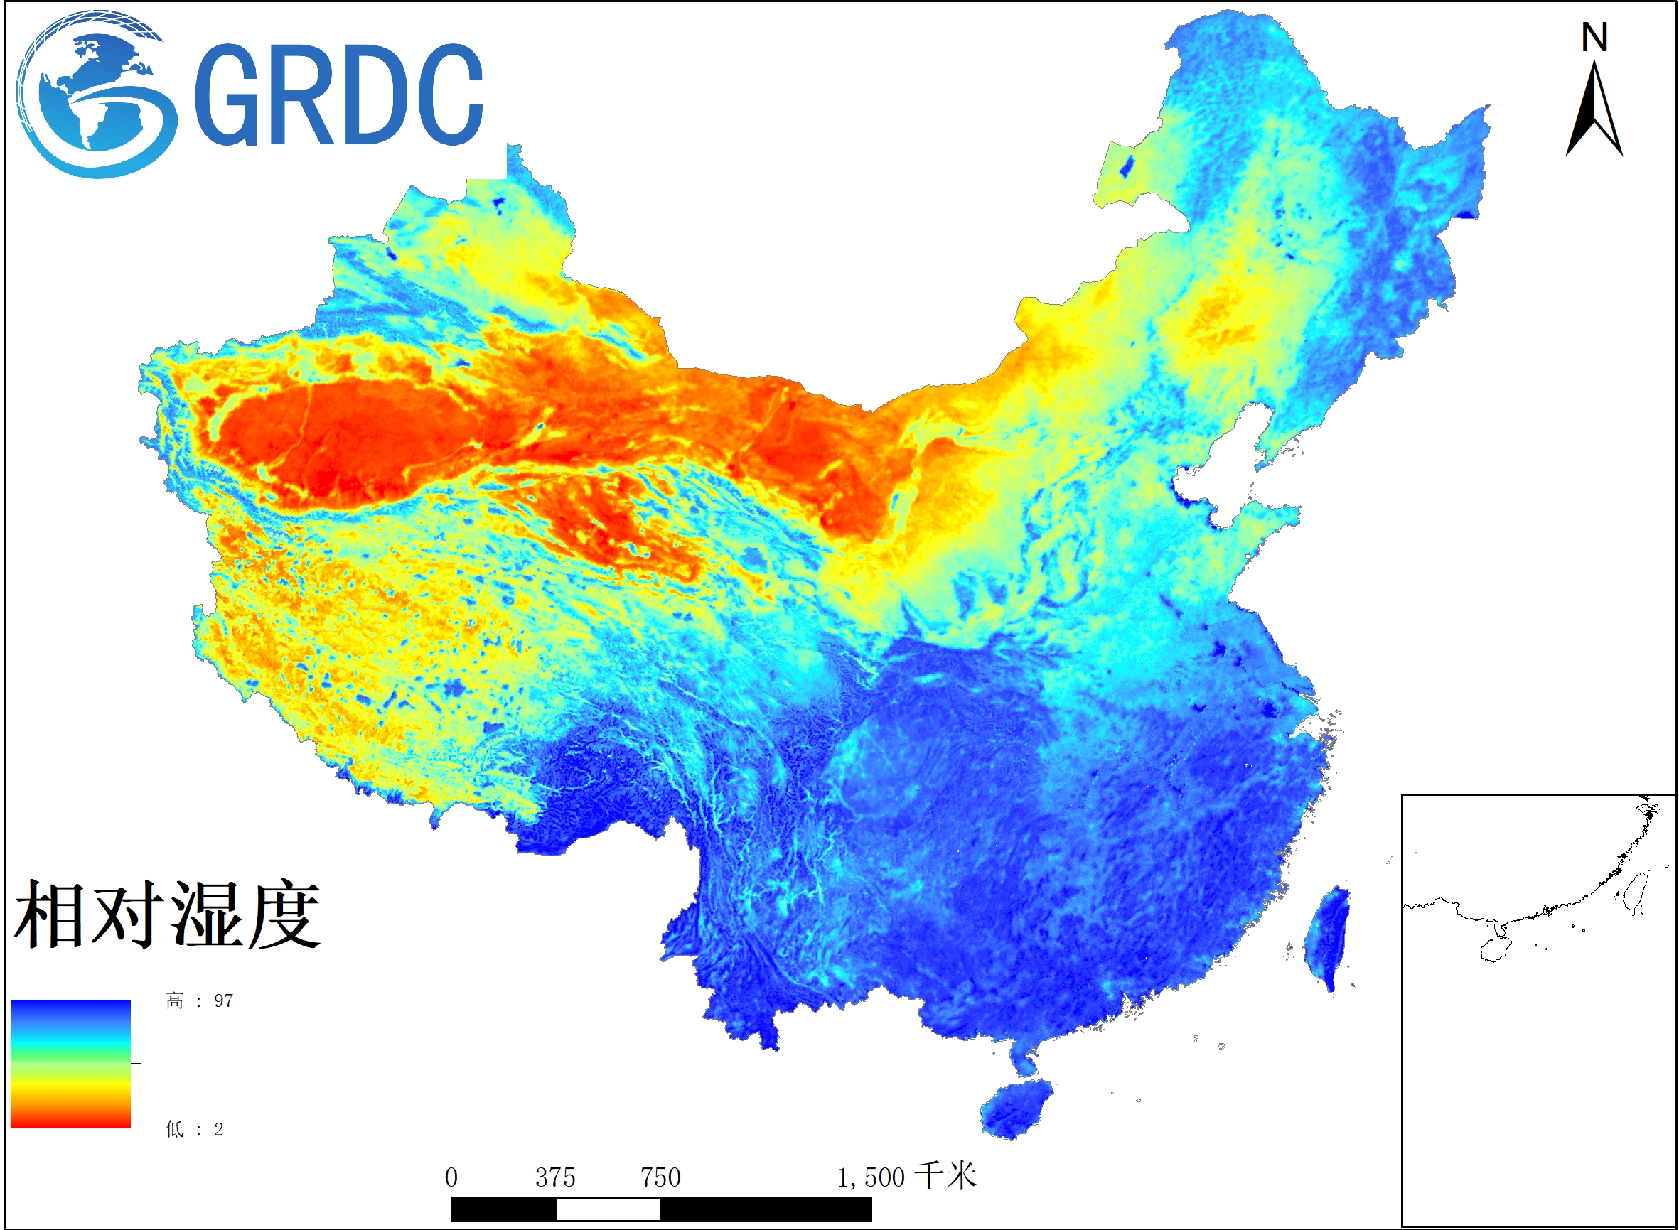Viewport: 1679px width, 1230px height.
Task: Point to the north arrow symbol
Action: point(1594,112)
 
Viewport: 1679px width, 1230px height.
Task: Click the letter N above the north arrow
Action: point(1594,37)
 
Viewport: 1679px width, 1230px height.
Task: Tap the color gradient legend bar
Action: point(71,1064)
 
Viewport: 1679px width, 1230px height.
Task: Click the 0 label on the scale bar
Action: point(451,1177)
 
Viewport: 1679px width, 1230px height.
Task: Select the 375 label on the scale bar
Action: point(555,1177)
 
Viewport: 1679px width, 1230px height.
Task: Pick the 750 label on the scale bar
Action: point(661,1177)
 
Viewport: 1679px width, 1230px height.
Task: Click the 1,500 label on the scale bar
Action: point(870,1177)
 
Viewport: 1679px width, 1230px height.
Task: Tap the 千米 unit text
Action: point(945,1176)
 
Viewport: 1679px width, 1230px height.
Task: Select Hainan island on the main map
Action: point(1016,1108)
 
